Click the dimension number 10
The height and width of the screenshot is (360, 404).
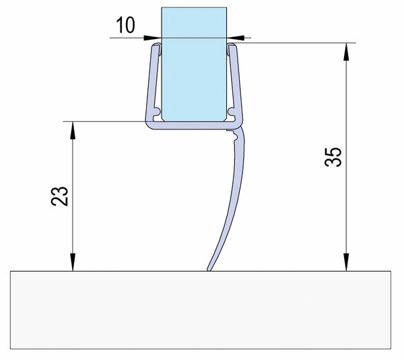[x=125, y=25]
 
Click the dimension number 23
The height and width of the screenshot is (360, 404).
[x=60, y=196]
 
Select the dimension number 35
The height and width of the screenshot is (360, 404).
[x=333, y=157]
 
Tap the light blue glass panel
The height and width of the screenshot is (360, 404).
[x=194, y=64]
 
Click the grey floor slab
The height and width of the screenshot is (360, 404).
[x=201, y=310]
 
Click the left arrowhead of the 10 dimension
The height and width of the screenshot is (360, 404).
[x=153, y=38]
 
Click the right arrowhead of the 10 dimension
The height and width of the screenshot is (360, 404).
[x=236, y=38]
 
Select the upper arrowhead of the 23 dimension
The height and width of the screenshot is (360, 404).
[x=73, y=130]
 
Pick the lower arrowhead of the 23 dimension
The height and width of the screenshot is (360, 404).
[x=73, y=262]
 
